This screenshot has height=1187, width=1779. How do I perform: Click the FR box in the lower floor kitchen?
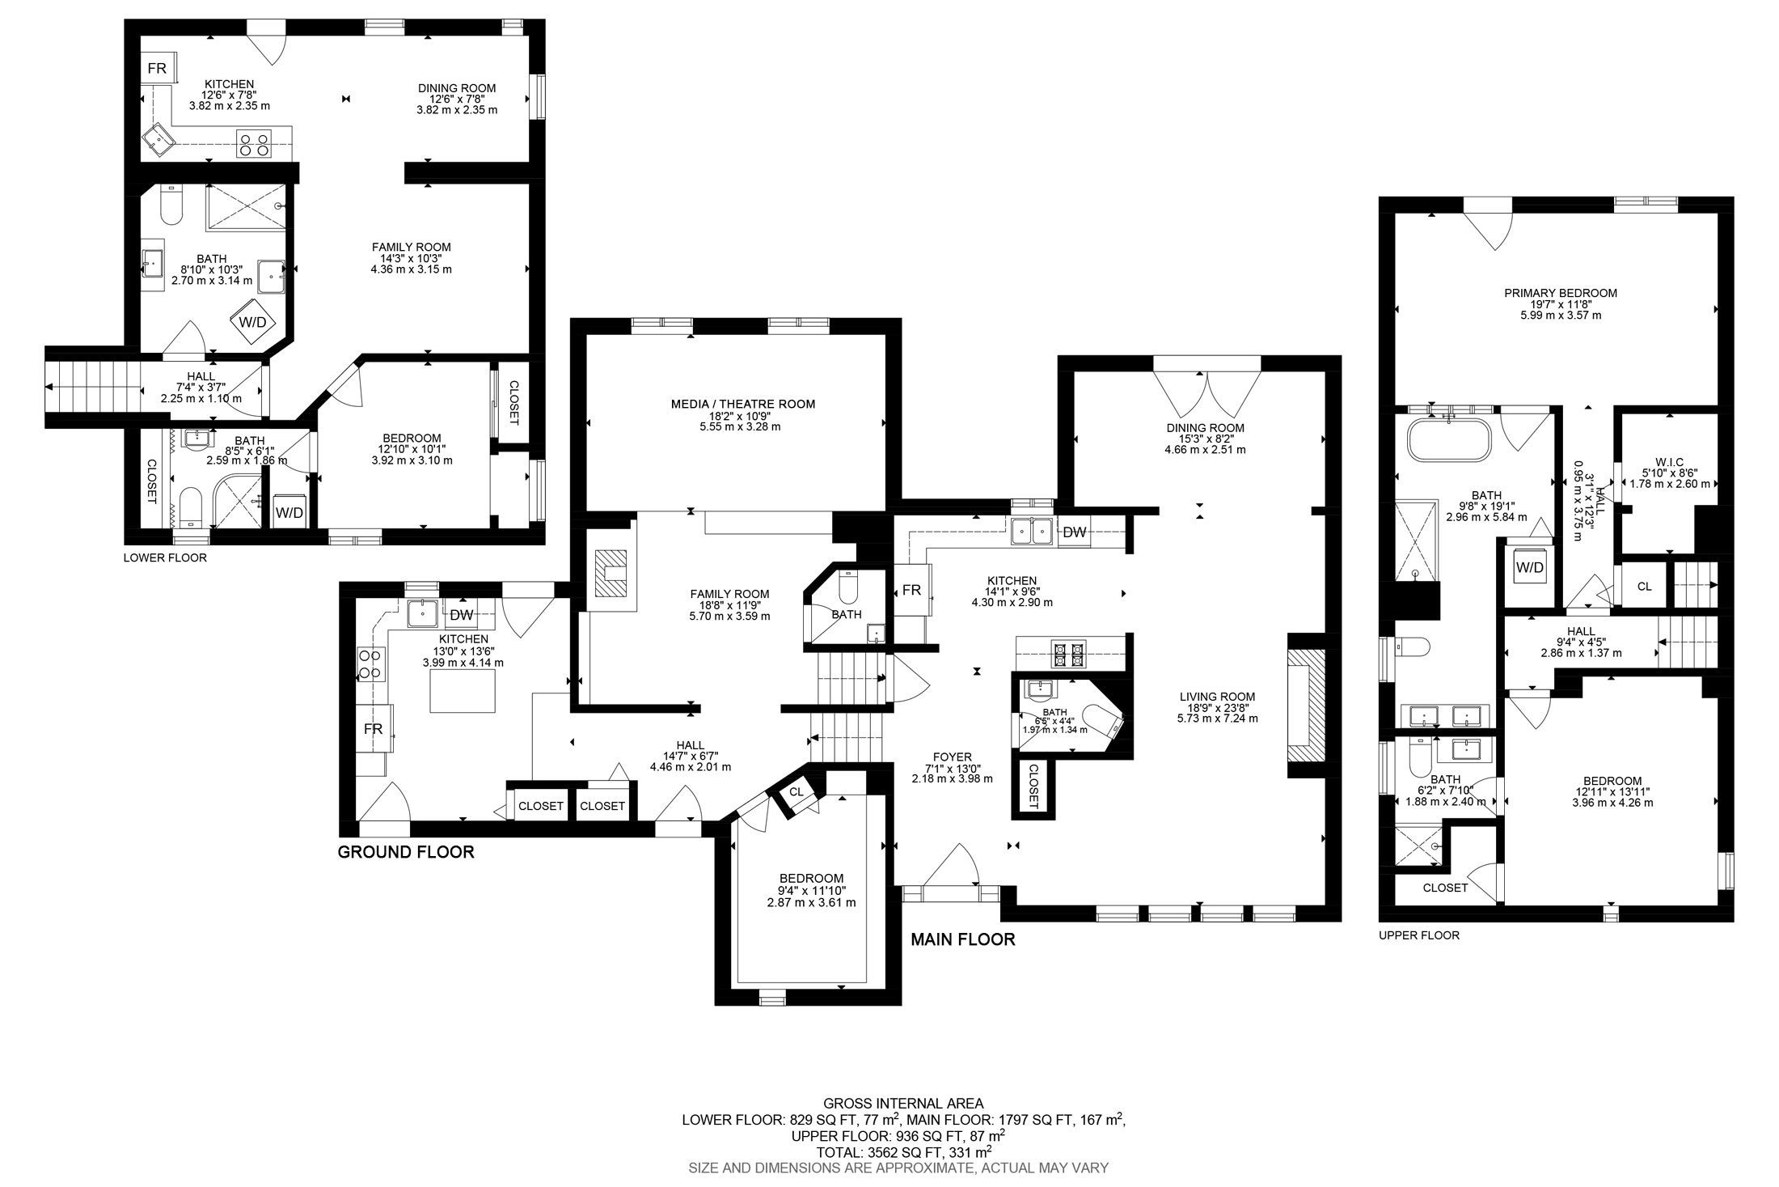point(156,69)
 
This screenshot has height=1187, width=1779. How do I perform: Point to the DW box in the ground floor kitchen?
point(461,615)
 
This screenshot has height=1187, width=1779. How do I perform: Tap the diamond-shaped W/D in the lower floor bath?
point(252,321)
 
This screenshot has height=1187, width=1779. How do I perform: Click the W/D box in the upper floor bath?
point(1529,567)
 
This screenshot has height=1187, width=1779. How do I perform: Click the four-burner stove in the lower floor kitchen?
point(253,143)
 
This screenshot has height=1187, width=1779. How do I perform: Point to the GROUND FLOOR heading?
point(405,851)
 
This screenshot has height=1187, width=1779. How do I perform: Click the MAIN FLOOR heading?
point(962,939)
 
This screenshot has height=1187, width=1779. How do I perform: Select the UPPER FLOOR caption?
point(1418,935)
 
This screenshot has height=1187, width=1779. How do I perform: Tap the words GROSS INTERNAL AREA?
point(903,1103)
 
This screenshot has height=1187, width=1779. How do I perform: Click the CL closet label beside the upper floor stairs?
point(1644,587)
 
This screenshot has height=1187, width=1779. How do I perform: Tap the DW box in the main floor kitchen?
point(1074,532)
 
